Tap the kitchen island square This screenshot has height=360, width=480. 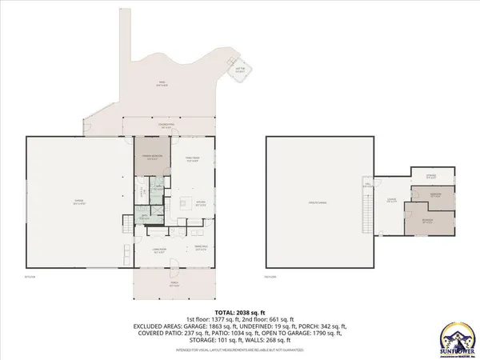tap(183, 201)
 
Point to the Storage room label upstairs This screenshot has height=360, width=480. tap(430, 175)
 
